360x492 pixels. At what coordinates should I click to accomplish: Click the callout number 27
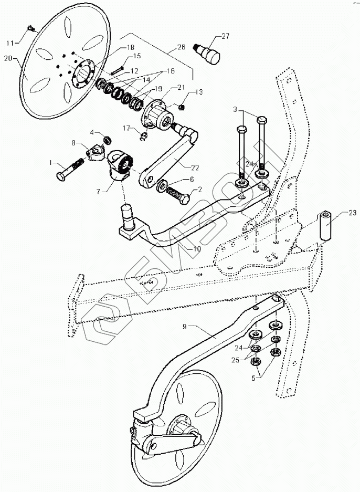225,36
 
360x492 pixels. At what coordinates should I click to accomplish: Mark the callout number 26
182,47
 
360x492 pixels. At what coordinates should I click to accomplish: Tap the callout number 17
126,127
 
